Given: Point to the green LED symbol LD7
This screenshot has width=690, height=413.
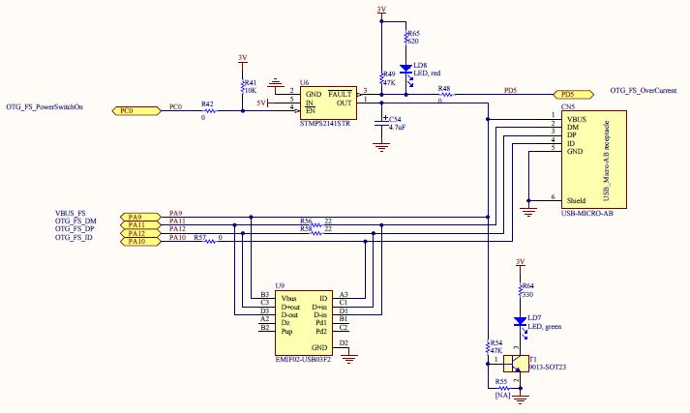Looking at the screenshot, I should pyautogui.click(x=520, y=323).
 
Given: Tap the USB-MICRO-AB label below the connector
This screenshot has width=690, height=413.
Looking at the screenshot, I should pyautogui.click(x=587, y=212).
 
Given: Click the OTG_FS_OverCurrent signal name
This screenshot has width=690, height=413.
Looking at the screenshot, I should pyautogui.click(x=643, y=90).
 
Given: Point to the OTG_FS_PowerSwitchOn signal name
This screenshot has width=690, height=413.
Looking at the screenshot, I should pyautogui.click(x=45, y=107).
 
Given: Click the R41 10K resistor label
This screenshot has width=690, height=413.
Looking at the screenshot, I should pyautogui.click(x=250, y=87).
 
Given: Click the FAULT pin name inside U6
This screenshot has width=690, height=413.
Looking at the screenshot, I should pyautogui.click(x=340, y=93).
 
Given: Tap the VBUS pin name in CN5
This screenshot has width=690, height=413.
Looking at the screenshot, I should pyautogui.click(x=577, y=119).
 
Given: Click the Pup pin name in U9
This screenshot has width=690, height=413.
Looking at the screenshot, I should pyautogui.click(x=286, y=330).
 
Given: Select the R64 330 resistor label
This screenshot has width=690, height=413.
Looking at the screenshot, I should pyautogui.click(x=527, y=290).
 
